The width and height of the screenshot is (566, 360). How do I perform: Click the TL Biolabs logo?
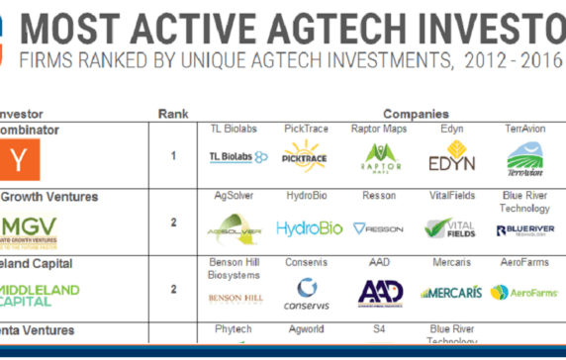(x=239, y=157)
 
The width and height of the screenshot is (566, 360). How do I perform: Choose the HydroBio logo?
(x=309, y=228)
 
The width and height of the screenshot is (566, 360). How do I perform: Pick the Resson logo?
(x=379, y=228)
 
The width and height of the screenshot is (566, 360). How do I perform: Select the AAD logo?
(x=379, y=292)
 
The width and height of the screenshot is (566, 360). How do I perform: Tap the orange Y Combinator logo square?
(x=14, y=157)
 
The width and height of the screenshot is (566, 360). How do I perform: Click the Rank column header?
(x=173, y=114)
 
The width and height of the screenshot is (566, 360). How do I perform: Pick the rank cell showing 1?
(x=173, y=156)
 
